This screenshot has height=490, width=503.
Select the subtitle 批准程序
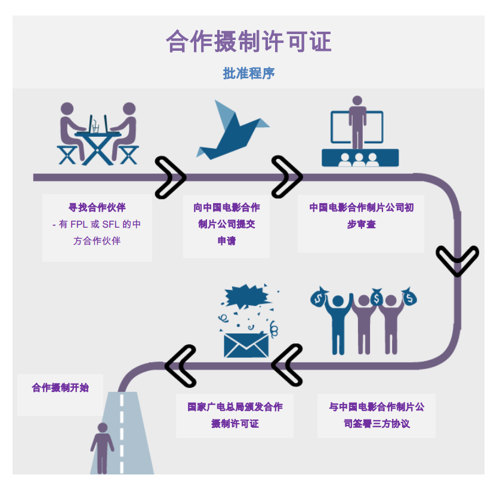click(248, 73)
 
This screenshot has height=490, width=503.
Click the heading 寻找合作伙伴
click(97, 208)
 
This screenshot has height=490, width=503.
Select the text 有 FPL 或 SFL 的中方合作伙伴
click(97, 232)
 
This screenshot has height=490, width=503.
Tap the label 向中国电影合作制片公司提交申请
click(226, 225)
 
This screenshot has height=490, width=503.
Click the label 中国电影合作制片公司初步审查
click(361, 216)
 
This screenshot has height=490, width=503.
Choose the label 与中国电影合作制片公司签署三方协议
click(376, 415)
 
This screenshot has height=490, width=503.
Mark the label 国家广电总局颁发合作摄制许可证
click(234, 415)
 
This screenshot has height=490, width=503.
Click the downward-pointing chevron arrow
click(457, 261)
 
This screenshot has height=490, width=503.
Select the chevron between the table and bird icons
click(171, 177)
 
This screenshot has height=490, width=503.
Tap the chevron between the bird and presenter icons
click(287, 177)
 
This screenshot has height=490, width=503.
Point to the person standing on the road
click(102, 448)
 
